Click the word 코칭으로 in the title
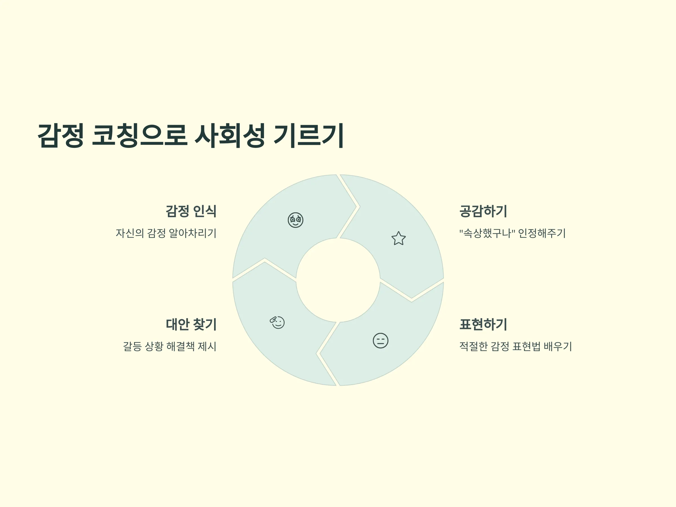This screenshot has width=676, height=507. pyautogui.click(x=139, y=136)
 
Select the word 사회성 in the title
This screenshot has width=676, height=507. pyautogui.click(x=230, y=136)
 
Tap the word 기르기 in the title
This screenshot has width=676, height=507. pyautogui.click(x=309, y=136)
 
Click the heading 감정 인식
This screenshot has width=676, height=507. pyautogui.click(x=191, y=211)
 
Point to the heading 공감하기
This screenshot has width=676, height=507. pyautogui.click(x=483, y=211)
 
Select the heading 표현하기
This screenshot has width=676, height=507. pyautogui.click(x=483, y=324)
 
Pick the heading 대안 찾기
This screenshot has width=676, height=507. pyautogui.click(x=191, y=324)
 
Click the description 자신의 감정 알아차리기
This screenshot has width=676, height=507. pyautogui.click(x=166, y=233)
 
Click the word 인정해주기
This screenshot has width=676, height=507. pyautogui.click(x=542, y=233)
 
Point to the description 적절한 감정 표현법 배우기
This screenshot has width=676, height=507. pyautogui.click(x=515, y=346)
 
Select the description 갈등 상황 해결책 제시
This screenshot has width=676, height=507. pyautogui.click(x=170, y=346)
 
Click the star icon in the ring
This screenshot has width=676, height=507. pyautogui.click(x=399, y=238)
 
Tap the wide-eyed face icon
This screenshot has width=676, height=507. pyautogui.click(x=295, y=220)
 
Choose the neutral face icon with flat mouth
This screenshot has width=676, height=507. pyautogui.click(x=381, y=341)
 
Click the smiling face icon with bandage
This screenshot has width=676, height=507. pyautogui.click(x=277, y=323)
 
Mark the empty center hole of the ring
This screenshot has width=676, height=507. pyautogui.click(x=338, y=280)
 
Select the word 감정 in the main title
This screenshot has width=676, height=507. pyautogui.click(x=61, y=136)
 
